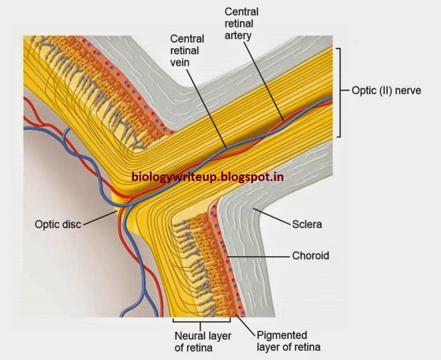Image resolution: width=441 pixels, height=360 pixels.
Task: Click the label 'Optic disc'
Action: (x=58, y=225)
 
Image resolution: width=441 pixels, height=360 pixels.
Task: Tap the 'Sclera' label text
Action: (x=307, y=225)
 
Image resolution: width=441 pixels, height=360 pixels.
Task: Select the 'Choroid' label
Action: (x=311, y=255)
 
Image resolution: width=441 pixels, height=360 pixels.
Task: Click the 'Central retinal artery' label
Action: (x=241, y=23)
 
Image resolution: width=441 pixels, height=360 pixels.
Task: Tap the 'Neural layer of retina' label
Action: (x=203, y=341)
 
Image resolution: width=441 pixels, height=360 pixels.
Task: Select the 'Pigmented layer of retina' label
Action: (x=282, y=341)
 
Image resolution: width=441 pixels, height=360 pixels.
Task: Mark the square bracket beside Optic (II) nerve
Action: (x=339, y=92)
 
